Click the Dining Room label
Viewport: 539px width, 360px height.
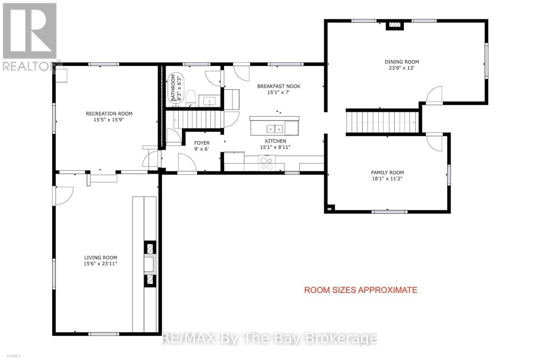[x=402, y=62]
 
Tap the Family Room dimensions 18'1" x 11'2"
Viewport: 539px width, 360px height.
[x=387, y=179]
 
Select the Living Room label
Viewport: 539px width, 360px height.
[x=101, y=258]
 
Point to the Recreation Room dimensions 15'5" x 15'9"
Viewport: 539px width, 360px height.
[x=109, y=120]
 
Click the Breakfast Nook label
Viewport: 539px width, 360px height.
[x=279, y=86]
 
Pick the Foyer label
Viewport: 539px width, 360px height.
[x=202, y=143]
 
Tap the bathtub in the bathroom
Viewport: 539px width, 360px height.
[x=176, y=89]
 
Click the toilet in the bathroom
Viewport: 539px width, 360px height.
[x=191, y=98]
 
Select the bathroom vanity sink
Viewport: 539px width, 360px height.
[x=210, y=101]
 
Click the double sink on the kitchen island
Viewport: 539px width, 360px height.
[x=275, y=129]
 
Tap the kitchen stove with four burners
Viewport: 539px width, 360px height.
[x=267, y=163]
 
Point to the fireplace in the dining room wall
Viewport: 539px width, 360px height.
[x=394, y=25]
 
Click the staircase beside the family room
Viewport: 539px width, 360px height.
[x=382, y=122]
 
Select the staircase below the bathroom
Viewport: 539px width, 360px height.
[x=197, y=119]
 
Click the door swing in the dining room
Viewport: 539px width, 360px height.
[x=434, y=95]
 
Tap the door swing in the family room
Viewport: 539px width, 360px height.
[x=434, y=142]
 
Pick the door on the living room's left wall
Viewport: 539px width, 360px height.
[x=64, y=196]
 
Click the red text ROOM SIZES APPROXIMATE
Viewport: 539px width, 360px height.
[x=361, y=290]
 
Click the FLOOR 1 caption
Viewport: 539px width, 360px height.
[x=14, y=356]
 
